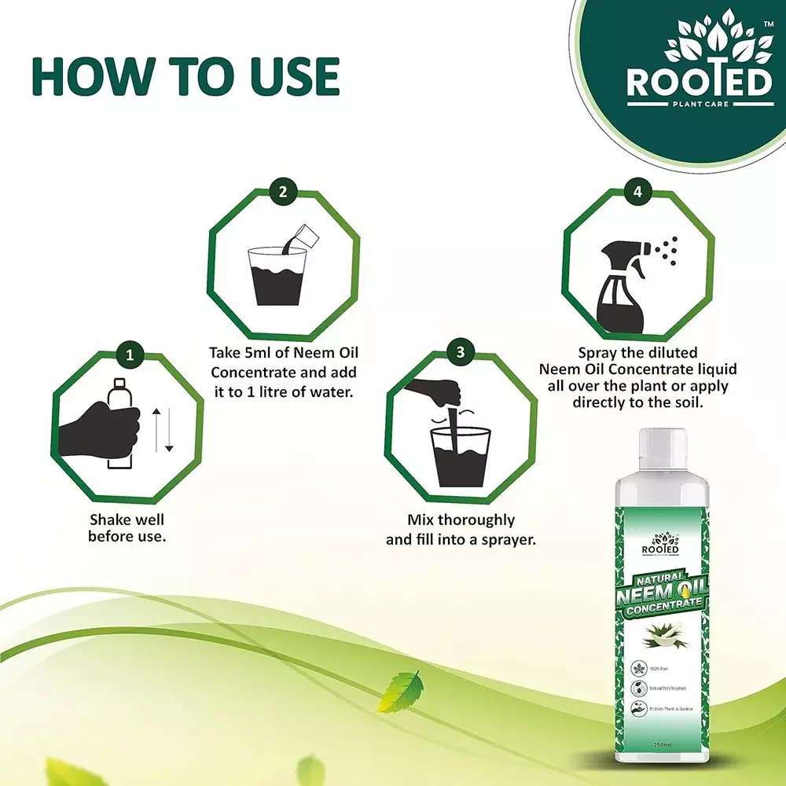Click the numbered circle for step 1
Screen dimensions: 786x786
(130, 354)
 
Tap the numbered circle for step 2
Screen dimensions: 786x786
(283, 190)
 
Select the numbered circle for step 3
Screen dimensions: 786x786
(460, 351)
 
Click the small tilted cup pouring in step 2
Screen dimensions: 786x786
(305, 234)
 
